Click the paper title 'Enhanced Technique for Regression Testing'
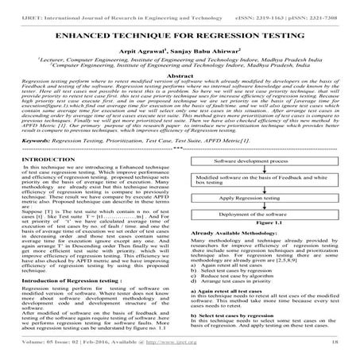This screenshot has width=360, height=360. (180, 36)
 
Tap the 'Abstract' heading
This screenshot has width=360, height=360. (180, 86)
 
